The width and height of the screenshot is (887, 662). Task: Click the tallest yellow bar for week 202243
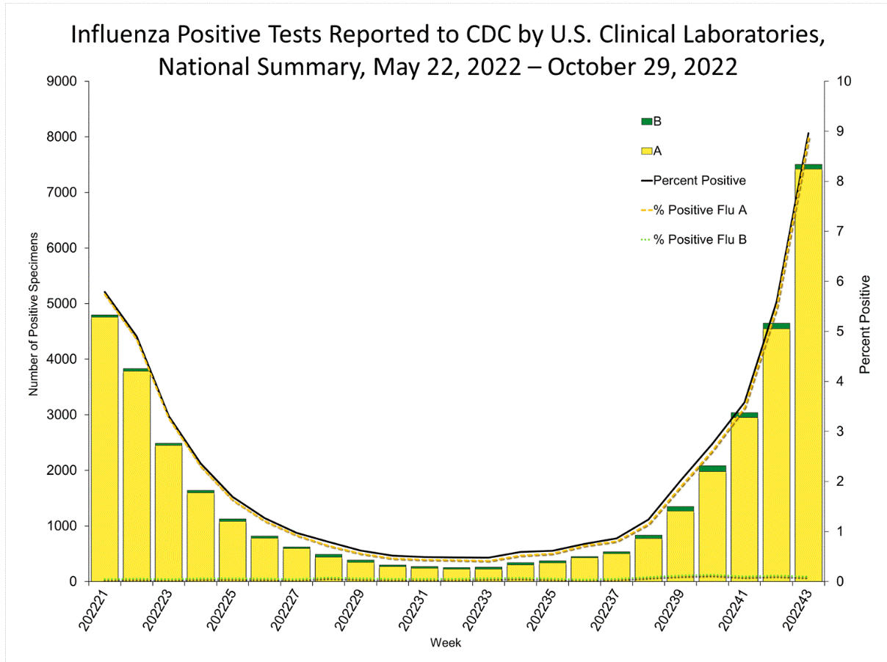(x=808, y=374)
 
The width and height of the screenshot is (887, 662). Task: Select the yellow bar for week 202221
(x=104, y=448)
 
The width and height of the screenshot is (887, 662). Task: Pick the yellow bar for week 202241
(x=744, y=499)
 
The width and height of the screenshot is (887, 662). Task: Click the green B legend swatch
(x=647, y=121)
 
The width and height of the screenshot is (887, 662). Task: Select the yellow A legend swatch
(x=647, y=151)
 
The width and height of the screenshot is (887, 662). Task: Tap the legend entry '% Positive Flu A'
(x=700, y=210)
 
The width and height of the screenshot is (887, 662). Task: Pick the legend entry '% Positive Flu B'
(x=700, y=239)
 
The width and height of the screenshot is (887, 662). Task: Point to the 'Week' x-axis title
(x=445, y=644)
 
